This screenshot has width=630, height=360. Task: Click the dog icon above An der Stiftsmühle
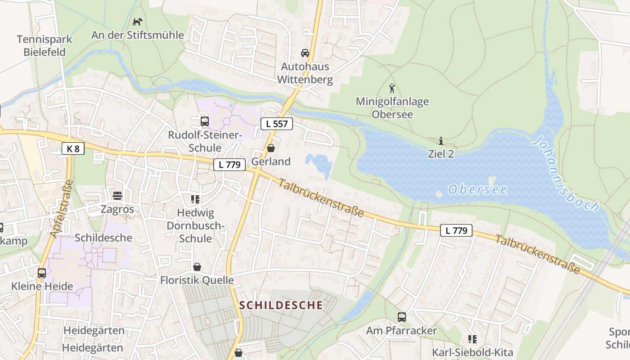137,21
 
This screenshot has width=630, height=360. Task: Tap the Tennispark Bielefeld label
44,45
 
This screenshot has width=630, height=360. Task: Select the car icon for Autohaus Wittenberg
305,53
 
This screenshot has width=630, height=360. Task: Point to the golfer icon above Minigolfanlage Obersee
392,88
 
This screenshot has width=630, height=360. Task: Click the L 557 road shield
277,124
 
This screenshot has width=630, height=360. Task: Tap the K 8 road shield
73,148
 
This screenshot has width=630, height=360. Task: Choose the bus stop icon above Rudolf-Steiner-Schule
205,121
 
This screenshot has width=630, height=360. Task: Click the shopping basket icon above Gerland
271,148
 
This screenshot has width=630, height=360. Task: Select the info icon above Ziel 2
441,140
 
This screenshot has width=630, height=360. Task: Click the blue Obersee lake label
477,189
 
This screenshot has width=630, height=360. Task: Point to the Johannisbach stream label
566,174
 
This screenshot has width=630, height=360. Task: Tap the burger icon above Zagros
117,196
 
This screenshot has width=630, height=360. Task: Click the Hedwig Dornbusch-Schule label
195,225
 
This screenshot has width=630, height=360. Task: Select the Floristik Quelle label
197,280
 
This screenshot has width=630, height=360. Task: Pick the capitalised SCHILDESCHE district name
281,305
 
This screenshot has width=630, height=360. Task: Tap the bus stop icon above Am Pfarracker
402,317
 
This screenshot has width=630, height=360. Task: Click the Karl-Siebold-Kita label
472,352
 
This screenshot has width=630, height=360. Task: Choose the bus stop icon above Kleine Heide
42,273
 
